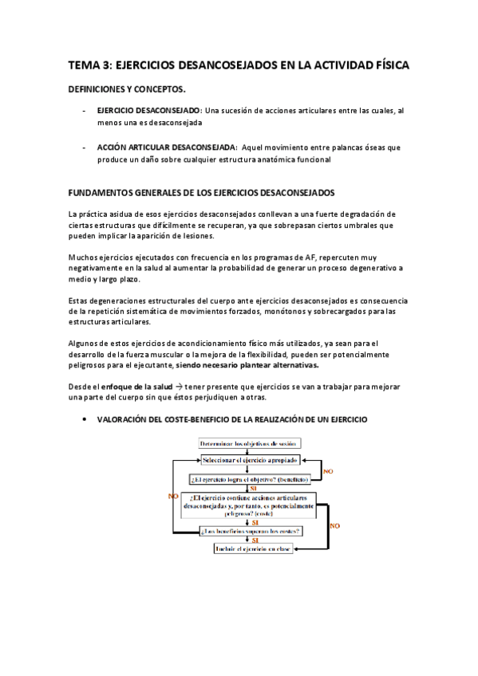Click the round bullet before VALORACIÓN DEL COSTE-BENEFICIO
pyautogui.click(x=85, y=419)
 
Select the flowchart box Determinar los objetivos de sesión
pyautogui.click(x=245, y=443)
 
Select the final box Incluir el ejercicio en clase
pyautogui.click(x=253, y=549)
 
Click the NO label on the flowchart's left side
pyautogui.click(x=173, y=496)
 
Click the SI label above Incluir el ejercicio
pyautogui.click(x=254, y=540)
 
